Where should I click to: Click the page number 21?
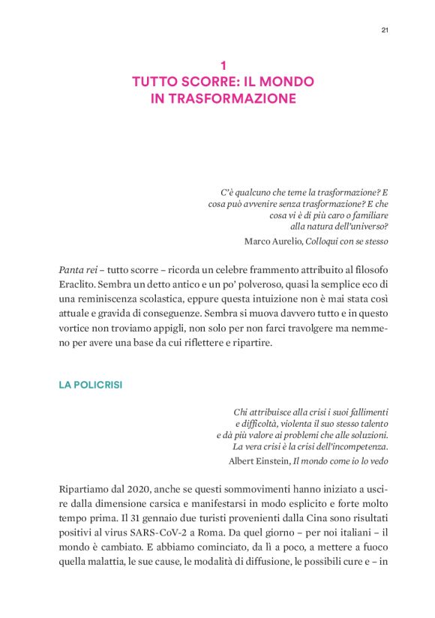385,30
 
